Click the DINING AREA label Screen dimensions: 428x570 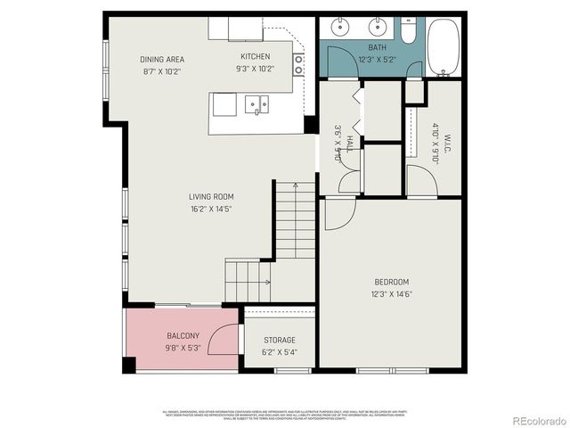point(162,59)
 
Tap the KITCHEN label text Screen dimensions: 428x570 point(255,57)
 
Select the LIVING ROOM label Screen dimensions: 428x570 point(211,196)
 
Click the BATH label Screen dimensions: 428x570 point(378,48)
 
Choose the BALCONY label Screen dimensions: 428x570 point(183,336)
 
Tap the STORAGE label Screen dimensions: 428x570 point(279,340)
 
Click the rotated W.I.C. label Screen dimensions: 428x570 point(449,143)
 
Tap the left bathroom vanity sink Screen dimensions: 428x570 point(341,27)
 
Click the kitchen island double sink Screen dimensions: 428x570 point(258,106)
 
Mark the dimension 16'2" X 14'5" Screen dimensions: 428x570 point(211,210)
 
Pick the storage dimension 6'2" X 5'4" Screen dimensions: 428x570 point(279,352)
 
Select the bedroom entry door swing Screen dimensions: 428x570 point(338,214)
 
